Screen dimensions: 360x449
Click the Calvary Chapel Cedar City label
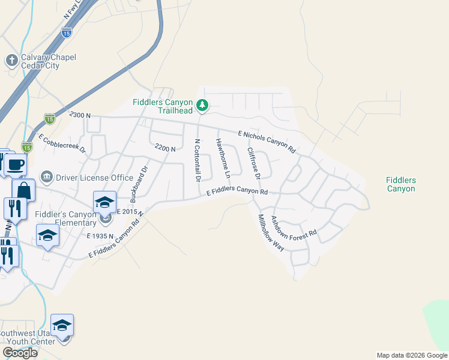click(x=40, y=61)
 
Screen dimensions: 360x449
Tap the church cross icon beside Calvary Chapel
click(x=11, y=60)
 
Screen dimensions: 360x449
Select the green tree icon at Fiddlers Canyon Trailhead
click(x=203, y=106)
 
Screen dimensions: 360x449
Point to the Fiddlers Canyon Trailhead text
click(x=163, y=106)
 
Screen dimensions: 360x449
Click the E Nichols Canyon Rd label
click(x=267, y=141)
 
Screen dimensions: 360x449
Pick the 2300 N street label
click(x=80, y=115)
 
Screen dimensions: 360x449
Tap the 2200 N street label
click(x=164, y=148)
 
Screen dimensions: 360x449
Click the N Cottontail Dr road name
click(x=196, y=160)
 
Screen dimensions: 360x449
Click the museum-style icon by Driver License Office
click(x=46, y=177)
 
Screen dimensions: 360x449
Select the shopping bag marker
click(x=23, y=190)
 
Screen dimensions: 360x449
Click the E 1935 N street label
click(x=100, y=236)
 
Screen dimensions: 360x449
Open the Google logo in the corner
click(x=20, y=352)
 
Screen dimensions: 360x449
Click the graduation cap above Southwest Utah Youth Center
click(x=62, y=325)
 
